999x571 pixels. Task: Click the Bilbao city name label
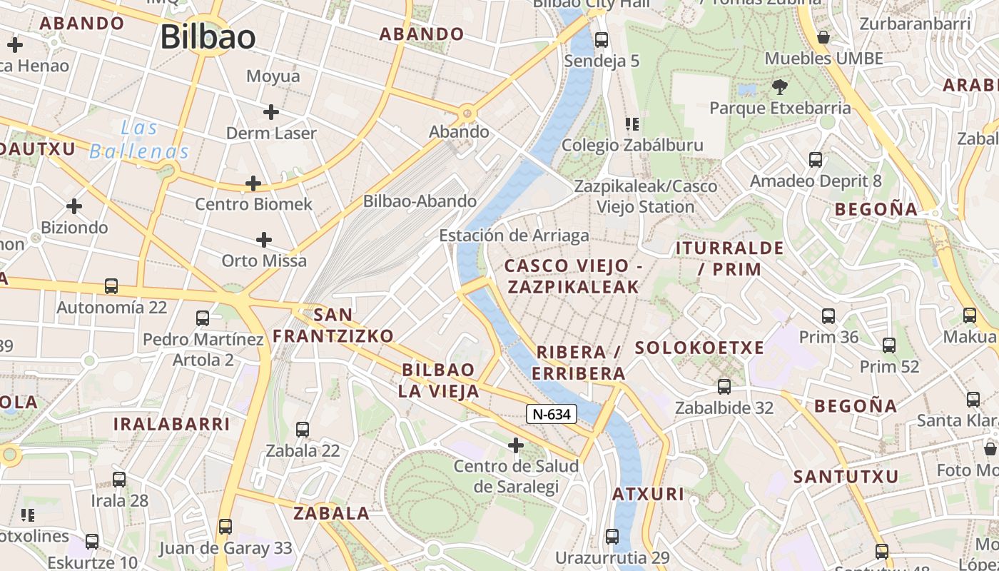[x=208, y=37]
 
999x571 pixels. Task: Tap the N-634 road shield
[x=552, y=414]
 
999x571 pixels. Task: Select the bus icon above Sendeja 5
[x=602, y=40]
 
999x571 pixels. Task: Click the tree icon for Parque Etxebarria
[x=779, y=87]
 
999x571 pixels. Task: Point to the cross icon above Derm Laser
[x=270, y=111]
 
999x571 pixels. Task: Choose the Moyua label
[x=273, y=76]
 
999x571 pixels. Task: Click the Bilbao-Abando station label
[x=420, y=201]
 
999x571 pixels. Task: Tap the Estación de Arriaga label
[x=514, y=236]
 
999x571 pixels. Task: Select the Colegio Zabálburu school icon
[x=632, y=124]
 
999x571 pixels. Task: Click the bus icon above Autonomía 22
[x=111, y=286]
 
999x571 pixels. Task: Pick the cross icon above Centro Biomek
[x=253, y=183]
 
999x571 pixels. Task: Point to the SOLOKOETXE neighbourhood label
[x=699, y=348]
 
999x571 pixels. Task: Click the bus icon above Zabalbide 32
[x=724, y=387]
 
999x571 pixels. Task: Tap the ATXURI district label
[x=648, y=494]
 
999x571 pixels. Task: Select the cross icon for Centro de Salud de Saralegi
[x=516, y=446]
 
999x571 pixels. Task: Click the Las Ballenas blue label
[x=139, y=140]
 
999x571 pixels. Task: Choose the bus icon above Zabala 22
[x=303, y=430]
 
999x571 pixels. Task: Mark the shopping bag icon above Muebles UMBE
[x=823, y=37]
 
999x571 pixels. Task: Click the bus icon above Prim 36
[x=828, y=315]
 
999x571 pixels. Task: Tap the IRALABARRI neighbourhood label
[x=171, y=424]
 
